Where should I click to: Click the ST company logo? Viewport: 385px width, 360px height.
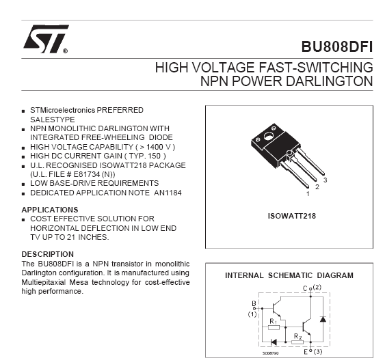click(x=46, y=39)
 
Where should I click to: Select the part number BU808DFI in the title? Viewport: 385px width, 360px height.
click(x=337, y=46)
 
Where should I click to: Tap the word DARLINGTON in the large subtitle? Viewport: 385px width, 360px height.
click(x=330, y=81)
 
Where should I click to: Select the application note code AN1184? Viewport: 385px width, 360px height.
click(x=168, y=193)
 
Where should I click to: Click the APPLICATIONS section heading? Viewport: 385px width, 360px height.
click(x=50, y=210)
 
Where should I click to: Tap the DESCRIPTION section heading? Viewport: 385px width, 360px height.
click(x=48, y=254)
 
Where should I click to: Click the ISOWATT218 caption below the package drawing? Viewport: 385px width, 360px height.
click(x=292, y=216)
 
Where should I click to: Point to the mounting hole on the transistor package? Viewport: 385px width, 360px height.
click(x=269, y=136)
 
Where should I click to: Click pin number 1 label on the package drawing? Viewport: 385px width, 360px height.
click(x=308, y=194)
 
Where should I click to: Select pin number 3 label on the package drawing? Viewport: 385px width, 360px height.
click(x=325, y=180)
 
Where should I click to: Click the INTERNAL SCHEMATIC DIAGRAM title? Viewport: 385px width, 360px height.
click(x=289, y=275)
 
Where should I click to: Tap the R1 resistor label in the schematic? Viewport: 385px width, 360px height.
click(x=273, y=322)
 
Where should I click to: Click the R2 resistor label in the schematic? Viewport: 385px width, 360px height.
click(x=297, y=337)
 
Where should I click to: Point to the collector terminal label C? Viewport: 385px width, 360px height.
click(x=305, y=288)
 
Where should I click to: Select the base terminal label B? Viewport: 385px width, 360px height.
click(x=254, y=303)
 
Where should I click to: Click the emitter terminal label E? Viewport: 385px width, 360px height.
click(x=306, y=352)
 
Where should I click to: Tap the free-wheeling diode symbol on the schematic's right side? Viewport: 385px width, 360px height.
click(x=323, y=319)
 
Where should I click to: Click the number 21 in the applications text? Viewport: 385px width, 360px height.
click(x=70, y=237)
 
